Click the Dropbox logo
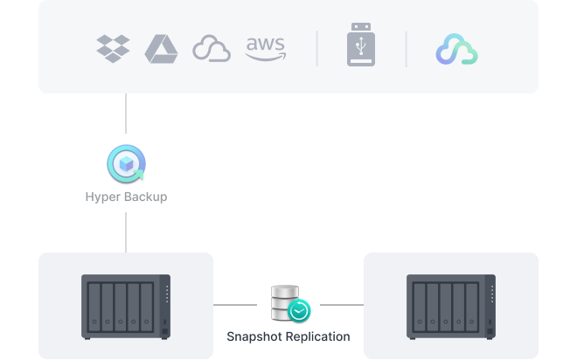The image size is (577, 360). tap(113, 48)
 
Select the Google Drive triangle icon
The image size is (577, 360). tap(161, 48)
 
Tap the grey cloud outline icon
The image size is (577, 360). tap(212, 49)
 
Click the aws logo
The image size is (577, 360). tap(265, 48)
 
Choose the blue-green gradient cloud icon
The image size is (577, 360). tap(456, 50)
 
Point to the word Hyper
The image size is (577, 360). tap(101, 197)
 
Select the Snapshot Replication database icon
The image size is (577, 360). tap(288, 302)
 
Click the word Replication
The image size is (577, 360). tap(318, 336)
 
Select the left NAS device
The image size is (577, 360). tap(126, 306)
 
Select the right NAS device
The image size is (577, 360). tap(451, 306)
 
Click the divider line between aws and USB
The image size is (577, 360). tap(316, 49)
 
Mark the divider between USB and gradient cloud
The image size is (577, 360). tap(406, 49)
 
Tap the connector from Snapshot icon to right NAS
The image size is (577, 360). tap(341, 306)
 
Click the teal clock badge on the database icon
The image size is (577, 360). tap(300, 310)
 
